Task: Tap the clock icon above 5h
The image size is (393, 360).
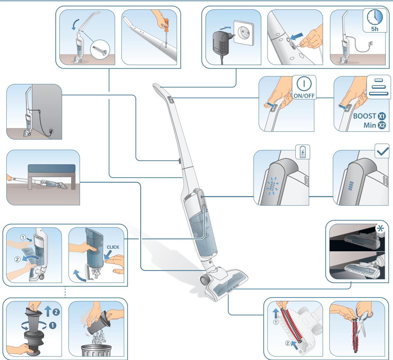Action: point(375,17)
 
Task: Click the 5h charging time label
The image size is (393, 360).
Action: point(375,29)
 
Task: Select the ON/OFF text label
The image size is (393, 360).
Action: point(304,96)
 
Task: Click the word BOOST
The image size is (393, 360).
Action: point(365,116)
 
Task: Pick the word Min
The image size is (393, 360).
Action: point(370,125)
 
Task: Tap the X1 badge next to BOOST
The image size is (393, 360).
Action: point(381,116)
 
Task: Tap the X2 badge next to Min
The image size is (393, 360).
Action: point(381,125)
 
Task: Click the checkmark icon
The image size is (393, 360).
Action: point(382,151)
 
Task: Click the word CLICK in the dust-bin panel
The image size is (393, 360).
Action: point(113,247)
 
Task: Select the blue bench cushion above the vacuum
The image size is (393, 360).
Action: point(52,168)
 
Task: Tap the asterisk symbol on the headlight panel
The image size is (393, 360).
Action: point(381,229)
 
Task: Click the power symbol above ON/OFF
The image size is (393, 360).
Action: point(304,84)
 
